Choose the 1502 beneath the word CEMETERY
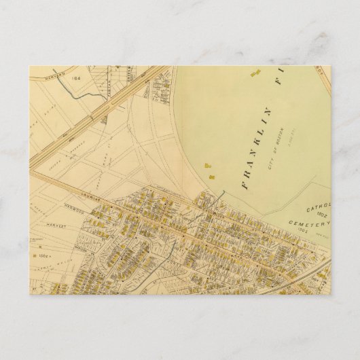coord(302,231)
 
